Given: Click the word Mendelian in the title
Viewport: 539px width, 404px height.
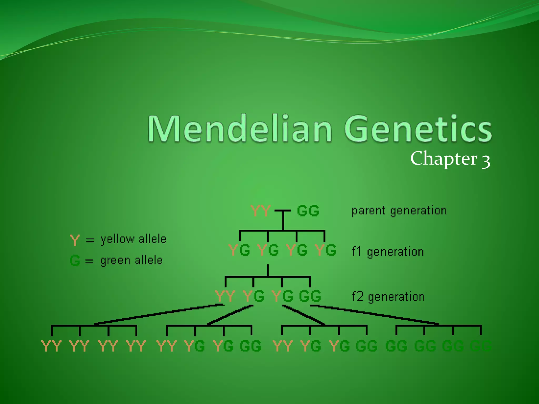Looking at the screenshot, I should coord(239,129).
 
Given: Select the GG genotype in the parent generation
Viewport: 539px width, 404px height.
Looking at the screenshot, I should coord(308,211).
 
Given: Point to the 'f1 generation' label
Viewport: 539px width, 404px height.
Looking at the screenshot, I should coord(388,252).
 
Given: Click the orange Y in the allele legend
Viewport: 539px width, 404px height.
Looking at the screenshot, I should coord(75,240).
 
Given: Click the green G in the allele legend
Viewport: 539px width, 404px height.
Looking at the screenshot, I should coord(75,261).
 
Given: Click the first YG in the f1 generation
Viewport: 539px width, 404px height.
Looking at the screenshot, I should coord(239,250).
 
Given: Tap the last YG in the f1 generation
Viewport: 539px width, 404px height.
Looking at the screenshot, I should coord(326,250).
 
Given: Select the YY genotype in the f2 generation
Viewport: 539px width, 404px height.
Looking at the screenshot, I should coord(225,296).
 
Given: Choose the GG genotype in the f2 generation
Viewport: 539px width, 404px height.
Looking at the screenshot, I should coord(310,296).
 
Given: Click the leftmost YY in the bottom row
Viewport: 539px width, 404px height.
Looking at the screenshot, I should coord(52,346).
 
